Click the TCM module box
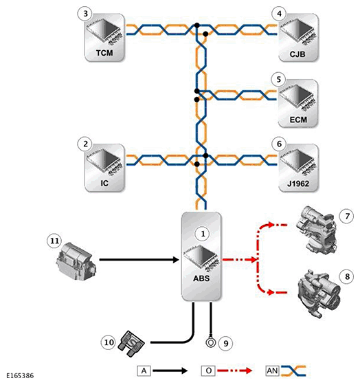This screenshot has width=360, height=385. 104,37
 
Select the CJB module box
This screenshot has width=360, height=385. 298,37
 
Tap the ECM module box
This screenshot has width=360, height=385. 297,103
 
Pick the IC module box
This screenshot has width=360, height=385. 104,168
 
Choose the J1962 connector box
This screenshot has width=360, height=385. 298,168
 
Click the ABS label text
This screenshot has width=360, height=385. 201,278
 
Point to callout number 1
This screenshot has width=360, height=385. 203,234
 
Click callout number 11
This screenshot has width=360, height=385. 54,241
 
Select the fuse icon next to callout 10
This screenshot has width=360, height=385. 131,343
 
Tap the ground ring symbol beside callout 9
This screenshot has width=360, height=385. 210,342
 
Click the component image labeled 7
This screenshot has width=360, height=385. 316,230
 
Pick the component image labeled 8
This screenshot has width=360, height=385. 318,294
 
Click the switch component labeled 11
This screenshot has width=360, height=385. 76,261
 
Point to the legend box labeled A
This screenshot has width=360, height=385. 144,371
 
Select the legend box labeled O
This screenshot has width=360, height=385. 208,371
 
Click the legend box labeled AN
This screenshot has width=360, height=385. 272,371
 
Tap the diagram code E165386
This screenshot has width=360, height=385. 20,375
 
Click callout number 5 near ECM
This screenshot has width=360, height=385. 279,79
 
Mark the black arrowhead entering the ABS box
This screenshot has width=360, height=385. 176,260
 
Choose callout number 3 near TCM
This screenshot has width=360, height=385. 85,14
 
